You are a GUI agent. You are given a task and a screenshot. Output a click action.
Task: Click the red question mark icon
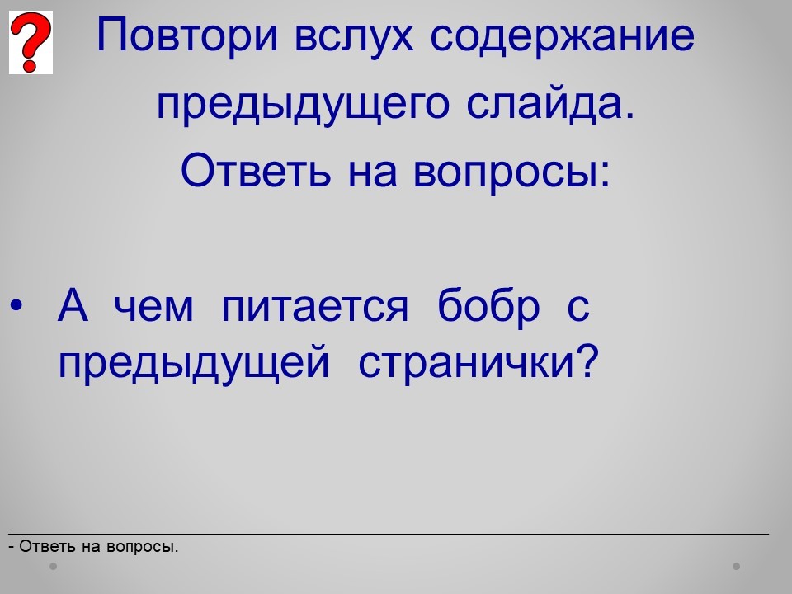coord(31,42)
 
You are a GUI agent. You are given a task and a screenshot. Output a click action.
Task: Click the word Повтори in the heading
coord(187,35)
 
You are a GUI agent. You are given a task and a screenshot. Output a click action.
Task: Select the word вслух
coord(354,36)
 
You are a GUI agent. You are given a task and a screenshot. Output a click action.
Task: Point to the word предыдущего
coord(303,105)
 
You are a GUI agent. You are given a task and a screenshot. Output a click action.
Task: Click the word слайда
coord(549,103)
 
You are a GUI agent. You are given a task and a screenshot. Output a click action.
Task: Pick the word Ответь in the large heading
coord(256,170)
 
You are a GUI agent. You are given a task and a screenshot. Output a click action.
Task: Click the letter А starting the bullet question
coord(73,305)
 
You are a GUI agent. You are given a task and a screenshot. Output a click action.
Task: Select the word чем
coord(153,308)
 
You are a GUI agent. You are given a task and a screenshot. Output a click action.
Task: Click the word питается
coord(314,307)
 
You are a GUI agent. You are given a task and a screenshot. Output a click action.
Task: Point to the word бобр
coord(488,307)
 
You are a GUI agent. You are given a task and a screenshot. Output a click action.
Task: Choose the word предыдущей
coord(194,362)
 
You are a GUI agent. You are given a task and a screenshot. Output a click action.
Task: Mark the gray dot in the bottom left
coord(53,566)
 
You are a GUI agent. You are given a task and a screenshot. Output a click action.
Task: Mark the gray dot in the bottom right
coord(737,566)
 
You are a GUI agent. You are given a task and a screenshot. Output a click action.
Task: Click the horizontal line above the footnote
coord(389,534)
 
